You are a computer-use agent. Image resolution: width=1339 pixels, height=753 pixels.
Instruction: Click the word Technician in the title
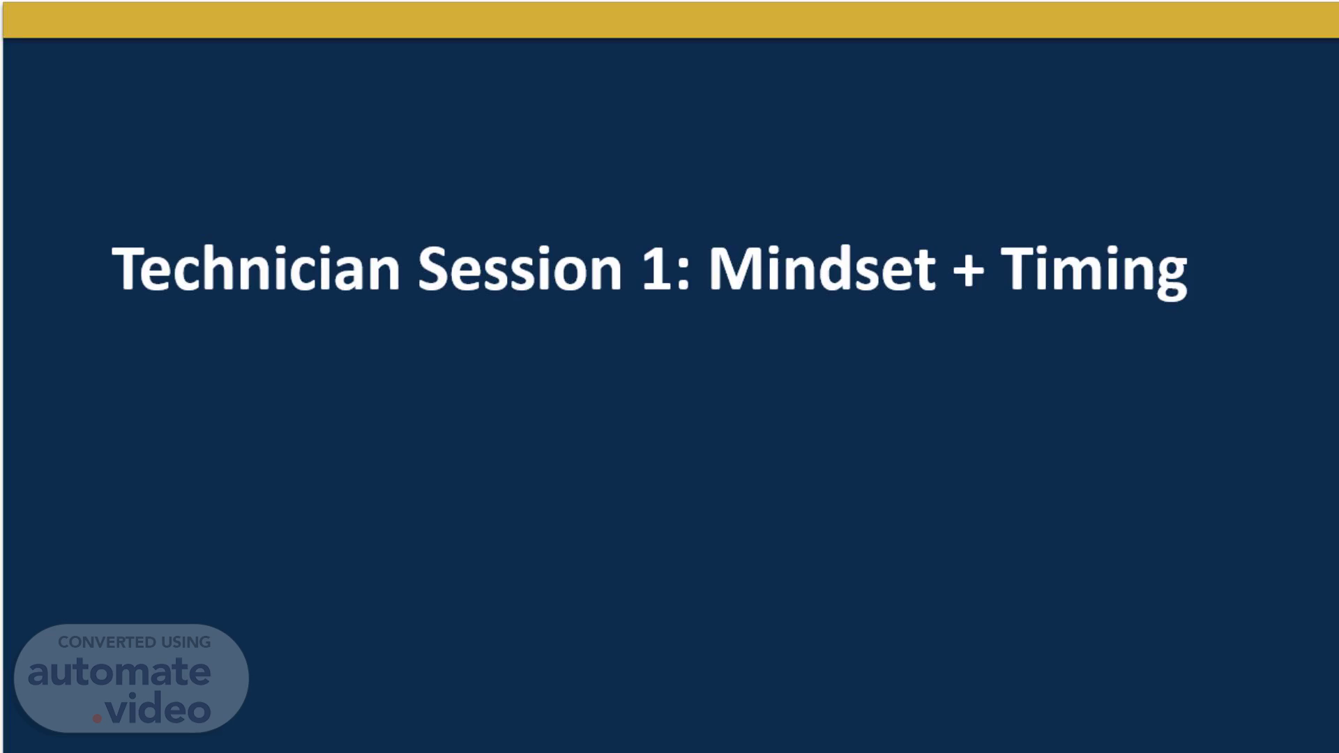click(256, 268)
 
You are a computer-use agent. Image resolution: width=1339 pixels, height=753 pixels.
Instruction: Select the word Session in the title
click(520, 268)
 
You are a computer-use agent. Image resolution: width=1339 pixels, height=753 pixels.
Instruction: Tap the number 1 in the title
click(656, 268)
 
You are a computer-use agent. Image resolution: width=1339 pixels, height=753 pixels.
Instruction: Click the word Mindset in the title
click(822, 268)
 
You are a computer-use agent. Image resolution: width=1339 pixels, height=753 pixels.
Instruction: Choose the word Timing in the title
click(1094, 273)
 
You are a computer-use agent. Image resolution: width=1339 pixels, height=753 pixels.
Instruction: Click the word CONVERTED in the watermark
click(107, 642)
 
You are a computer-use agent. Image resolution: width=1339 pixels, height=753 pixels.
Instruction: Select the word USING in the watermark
click(186, 642)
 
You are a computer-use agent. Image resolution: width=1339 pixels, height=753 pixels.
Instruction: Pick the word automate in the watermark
click(119, 672)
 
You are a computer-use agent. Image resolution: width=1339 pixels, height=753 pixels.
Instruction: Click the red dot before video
click(97, 718)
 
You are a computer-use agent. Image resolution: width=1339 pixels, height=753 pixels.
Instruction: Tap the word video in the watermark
click(158, 709)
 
